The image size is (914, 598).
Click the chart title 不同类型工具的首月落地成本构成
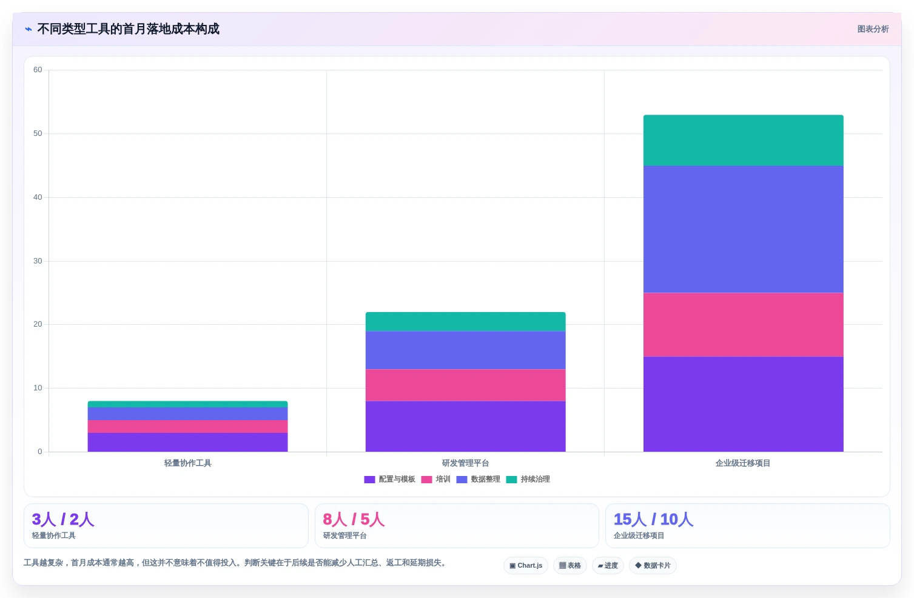[128, 29]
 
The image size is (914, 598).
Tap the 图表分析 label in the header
[873, 29]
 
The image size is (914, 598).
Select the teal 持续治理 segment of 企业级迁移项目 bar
[743, 140]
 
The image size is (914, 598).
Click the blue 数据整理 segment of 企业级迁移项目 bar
[743, 229]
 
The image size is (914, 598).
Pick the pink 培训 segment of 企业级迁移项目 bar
[743, 325]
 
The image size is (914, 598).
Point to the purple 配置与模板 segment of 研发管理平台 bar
[465, 426]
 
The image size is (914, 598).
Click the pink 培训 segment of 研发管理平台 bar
[465, 385]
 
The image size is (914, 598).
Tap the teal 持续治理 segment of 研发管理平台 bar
[465, 322]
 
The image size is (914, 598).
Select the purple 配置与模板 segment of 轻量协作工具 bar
[187, 442]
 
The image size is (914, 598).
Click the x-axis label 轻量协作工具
[187, 463]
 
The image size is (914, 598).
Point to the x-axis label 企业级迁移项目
[743, 463]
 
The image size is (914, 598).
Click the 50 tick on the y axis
[38, 134]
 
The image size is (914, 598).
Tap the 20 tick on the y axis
[38, 324]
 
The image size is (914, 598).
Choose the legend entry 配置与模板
[389, 479]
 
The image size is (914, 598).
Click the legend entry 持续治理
[528, 479]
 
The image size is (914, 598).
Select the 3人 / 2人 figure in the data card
[63, 519]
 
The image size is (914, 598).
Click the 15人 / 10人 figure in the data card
[653, 519]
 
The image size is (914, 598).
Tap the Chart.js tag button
[526, 565]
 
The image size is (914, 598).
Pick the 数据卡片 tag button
[653, 565]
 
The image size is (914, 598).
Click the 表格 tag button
[570, 565]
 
